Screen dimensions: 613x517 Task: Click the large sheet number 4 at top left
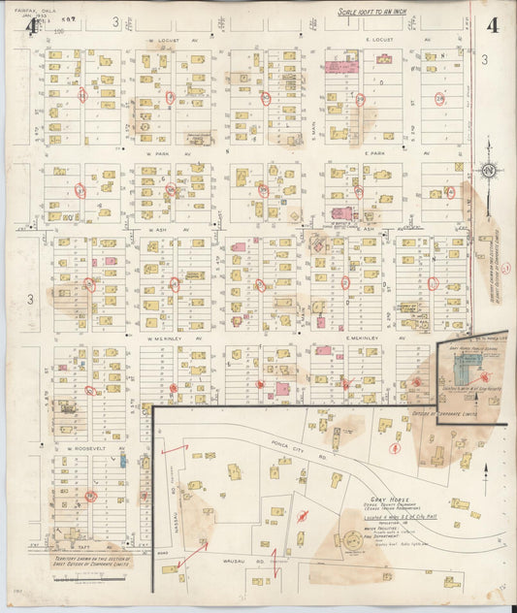coord(32,26)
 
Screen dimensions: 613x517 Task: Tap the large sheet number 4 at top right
coord(493,26)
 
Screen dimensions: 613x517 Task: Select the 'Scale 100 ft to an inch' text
coord(382,13)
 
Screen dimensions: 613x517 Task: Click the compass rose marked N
coord(488,172)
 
